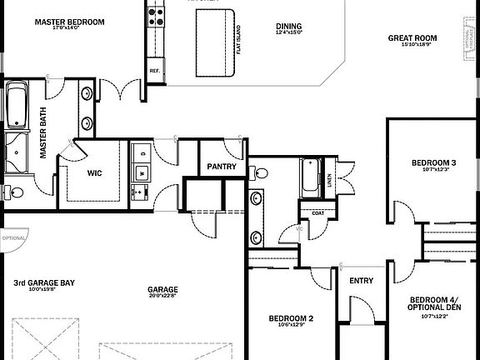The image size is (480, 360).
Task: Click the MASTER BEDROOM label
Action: [x=69, y=22]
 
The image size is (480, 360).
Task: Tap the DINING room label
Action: [x=288, y=27]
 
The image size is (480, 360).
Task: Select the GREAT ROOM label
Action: [x=412, y=37]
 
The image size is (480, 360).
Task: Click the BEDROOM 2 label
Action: [x=291, y=318]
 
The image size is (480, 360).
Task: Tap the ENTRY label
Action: [x=362, y=281]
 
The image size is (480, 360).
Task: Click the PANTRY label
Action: [x=222, y=167]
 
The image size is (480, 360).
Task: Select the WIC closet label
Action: [x=94, y=173]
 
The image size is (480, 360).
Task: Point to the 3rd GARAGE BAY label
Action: [x=44, y=283]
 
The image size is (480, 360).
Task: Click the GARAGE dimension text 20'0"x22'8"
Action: [x=162, y=297]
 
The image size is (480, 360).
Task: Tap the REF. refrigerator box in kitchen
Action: [x=154, y=72]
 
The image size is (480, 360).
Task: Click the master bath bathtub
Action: [x=17, y=105]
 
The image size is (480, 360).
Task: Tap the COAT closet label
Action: [x=317, y=212]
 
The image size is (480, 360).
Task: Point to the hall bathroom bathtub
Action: [x=312, y=177]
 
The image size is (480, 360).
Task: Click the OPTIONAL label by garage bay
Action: [x=14, y=237]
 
